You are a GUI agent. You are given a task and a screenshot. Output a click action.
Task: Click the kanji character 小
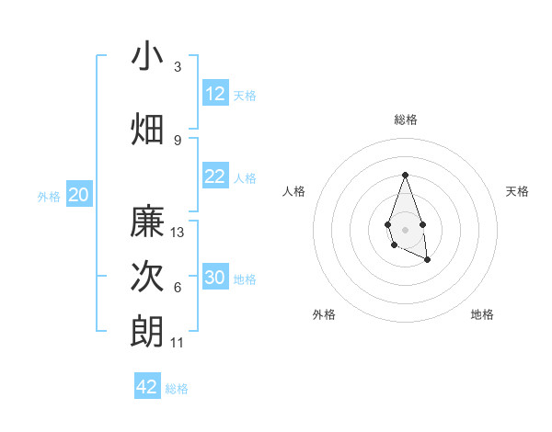coord(147,57)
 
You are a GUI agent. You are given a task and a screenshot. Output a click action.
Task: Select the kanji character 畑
coord(147,129)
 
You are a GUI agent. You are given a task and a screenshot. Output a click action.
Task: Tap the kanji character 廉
coord(147,222)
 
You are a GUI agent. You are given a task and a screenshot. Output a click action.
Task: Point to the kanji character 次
coord(147,277)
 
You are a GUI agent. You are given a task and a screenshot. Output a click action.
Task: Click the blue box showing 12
coord(215,94)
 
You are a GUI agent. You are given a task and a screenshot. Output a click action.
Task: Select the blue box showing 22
coord(215,176)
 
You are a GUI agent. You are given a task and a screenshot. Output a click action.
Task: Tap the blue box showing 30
coord(215,278)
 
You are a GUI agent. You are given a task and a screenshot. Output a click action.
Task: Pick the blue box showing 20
coord(79,195)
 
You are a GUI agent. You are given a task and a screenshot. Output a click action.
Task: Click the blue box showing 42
coord(147,387)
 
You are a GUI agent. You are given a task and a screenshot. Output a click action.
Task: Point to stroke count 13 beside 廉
coord(178,233)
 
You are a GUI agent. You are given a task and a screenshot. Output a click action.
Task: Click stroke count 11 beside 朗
coord(178,343)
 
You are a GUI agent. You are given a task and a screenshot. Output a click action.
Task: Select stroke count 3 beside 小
coord(178,67)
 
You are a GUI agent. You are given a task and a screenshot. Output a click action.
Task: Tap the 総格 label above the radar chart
coord(405,119)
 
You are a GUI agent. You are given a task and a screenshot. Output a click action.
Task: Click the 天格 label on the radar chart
coord(518,191)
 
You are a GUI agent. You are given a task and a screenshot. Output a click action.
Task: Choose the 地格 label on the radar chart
coord(482,314)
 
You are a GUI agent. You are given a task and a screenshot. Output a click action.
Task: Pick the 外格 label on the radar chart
coord(324,314)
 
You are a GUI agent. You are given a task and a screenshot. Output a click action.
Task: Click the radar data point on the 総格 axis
coord(405,175)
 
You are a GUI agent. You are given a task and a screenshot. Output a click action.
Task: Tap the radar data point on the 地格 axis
coord(428,260)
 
